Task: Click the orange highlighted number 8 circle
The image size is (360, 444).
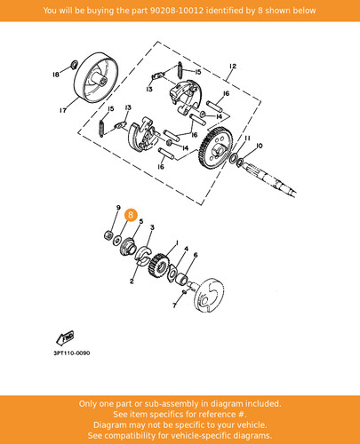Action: pyautogui.click(x=131, y=215)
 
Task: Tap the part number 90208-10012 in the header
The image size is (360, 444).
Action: pyautogui.click(x=176, y=11)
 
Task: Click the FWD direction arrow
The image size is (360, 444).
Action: pyautogui.click(x=65, y=338)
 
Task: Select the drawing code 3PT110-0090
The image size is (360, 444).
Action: pyautogui.click(x=72, y=353)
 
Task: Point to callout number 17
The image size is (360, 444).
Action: pyautogui.click(x=63, y=110)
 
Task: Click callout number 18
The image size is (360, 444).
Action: pyautogui.click(x=56, y=75)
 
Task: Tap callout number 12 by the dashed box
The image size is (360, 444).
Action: pyautogui.click(x=233, y=67)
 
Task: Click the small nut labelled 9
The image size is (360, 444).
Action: pyautogui.click(x=108, y=235)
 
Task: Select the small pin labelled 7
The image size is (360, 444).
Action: pyautogui.click(x=184, y=292)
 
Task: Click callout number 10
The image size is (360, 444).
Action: pyautogui.click(x=259, y=146)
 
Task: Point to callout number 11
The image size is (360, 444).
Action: pyautogui.click(x=247, y=138)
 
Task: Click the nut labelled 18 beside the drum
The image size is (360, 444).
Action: pyautogui.click(x=74, y=64)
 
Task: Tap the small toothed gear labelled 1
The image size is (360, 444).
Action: pyautogui.click(x=158, y=264)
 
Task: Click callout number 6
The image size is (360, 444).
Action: pyautogui.click(x=196, y=255)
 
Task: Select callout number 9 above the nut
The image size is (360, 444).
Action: pyautogui.click(x=118, y=208)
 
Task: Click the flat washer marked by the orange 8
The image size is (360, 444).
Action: pyautogui.click(x=118, y=238)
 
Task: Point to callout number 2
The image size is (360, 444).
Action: pyautogui.click(x=132, y=281)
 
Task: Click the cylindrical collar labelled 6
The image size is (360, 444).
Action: pyautogui.click(x=181, y=279)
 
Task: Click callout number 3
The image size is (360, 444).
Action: pyautogui.click(x=152, y=227)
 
